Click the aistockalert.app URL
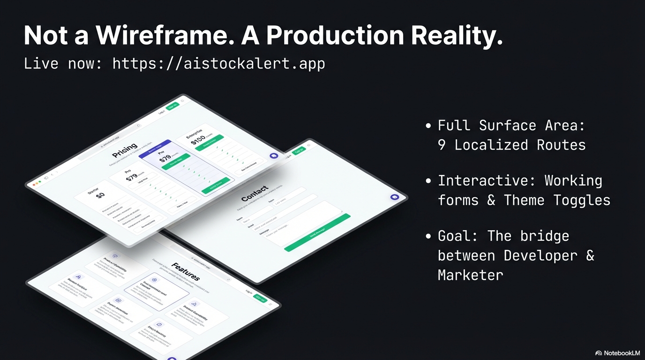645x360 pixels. tap(218, 63)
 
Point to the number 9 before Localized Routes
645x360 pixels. tap(442, 145)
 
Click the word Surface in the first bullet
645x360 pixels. tap(508, 126)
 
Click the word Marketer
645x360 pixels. tap(471, 275)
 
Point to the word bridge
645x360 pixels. tap(545, 236)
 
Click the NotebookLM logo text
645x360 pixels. tap(622, 353)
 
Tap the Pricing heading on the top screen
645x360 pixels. tap(125, 150)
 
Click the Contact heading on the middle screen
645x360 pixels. tap(255, 194)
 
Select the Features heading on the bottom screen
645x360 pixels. tap(186, 271)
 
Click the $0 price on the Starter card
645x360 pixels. tap(100, 195)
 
